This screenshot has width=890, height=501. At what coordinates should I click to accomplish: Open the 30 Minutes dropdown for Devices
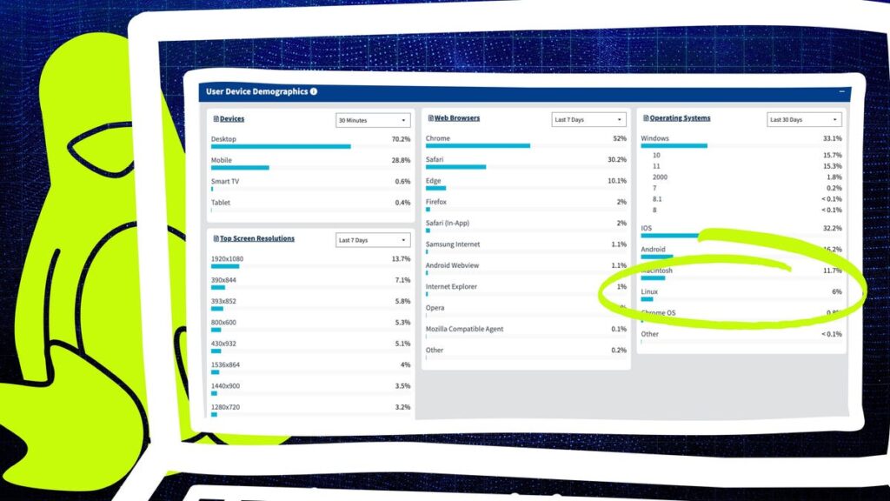pyautogui.click(x=373, y=120)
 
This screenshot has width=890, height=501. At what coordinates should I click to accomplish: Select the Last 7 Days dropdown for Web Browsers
pyautogui.click(x=589, y=119)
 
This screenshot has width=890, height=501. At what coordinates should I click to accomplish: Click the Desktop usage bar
pyautogui.click(x=281, y=146)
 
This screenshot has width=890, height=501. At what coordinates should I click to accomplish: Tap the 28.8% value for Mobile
pyautogui.click(x=401, y=160)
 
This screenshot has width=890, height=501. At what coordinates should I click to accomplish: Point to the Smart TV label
pyautogui.click(x=225, y=181)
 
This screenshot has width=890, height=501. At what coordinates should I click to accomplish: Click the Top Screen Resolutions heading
pyautogui.click(x=256, y=238)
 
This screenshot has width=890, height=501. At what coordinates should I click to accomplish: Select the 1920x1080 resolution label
pyautogui.click(x=227, y=259)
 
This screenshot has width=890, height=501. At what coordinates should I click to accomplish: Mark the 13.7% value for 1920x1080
pyautogui.click(x=401, y=259)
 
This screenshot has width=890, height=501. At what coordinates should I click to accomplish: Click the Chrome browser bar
pyautogui.click(x=478, y=146)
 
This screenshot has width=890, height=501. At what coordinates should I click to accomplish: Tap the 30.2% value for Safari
pyautogui.click(x=616, y=160)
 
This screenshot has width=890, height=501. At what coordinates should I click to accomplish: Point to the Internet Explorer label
pyautogui.click(x=452, y=286)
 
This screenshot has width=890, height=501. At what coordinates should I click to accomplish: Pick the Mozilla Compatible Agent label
pyautogui.click(x=464, y=329)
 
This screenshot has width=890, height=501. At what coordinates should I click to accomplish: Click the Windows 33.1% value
pyautogui.click(x=832, y=138)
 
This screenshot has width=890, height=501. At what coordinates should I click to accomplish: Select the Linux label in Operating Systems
pyautogui.click(x=649, y=291)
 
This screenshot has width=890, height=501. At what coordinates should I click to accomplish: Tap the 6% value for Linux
pyautogui.click(x=836, y=291)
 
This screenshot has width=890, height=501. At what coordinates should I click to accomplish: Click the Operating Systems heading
pyautogui.click(x=680, y=118)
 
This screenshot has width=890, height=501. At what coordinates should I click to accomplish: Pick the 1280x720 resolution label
pyautogui.click(x=224, y=406)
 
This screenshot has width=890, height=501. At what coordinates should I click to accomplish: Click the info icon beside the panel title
pyautogui.click(x=314, y=91)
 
